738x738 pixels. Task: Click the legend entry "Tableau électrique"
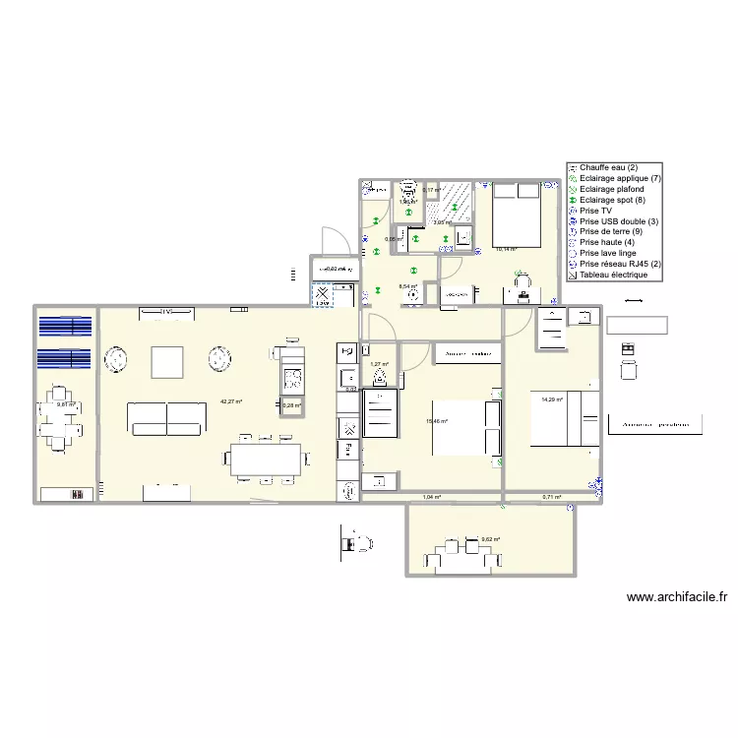click(x=613, y=276)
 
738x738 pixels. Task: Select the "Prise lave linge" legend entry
click(x=610, y=253)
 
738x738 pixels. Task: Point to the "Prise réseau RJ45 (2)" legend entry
click(x=619, y=264)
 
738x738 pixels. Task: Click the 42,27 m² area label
click(x=231, y=401)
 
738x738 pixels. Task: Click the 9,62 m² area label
click(x=490, y=539)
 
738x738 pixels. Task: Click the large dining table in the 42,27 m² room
click(x=266, y=460)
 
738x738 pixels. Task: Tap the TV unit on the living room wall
click(x=166, y=313)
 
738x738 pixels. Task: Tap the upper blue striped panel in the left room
click(x=66, y=327)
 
